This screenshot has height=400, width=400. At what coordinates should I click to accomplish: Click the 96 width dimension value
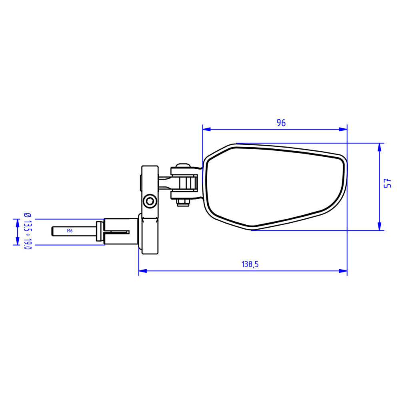pos(281,123)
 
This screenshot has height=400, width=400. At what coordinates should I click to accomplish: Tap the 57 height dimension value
pos(387,184)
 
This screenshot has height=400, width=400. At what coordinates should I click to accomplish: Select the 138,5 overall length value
pos(250,264)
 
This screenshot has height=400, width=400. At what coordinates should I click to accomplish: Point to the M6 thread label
pos(70,231)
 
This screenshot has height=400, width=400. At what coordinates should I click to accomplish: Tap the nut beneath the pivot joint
pos(183,203)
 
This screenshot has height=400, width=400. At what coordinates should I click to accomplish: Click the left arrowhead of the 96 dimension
pos(206,129)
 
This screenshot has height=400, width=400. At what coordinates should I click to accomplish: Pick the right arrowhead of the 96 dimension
pos(343,129)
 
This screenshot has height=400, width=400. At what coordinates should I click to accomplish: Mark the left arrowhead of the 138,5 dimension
pos(142,271)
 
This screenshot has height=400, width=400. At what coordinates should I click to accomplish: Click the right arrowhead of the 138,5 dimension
pos(343,271)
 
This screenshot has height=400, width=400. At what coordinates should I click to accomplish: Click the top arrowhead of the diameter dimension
pos(17,223)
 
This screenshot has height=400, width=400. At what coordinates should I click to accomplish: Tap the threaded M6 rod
pos(74,231)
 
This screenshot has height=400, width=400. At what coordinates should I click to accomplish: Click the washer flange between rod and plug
pos(98,231)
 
